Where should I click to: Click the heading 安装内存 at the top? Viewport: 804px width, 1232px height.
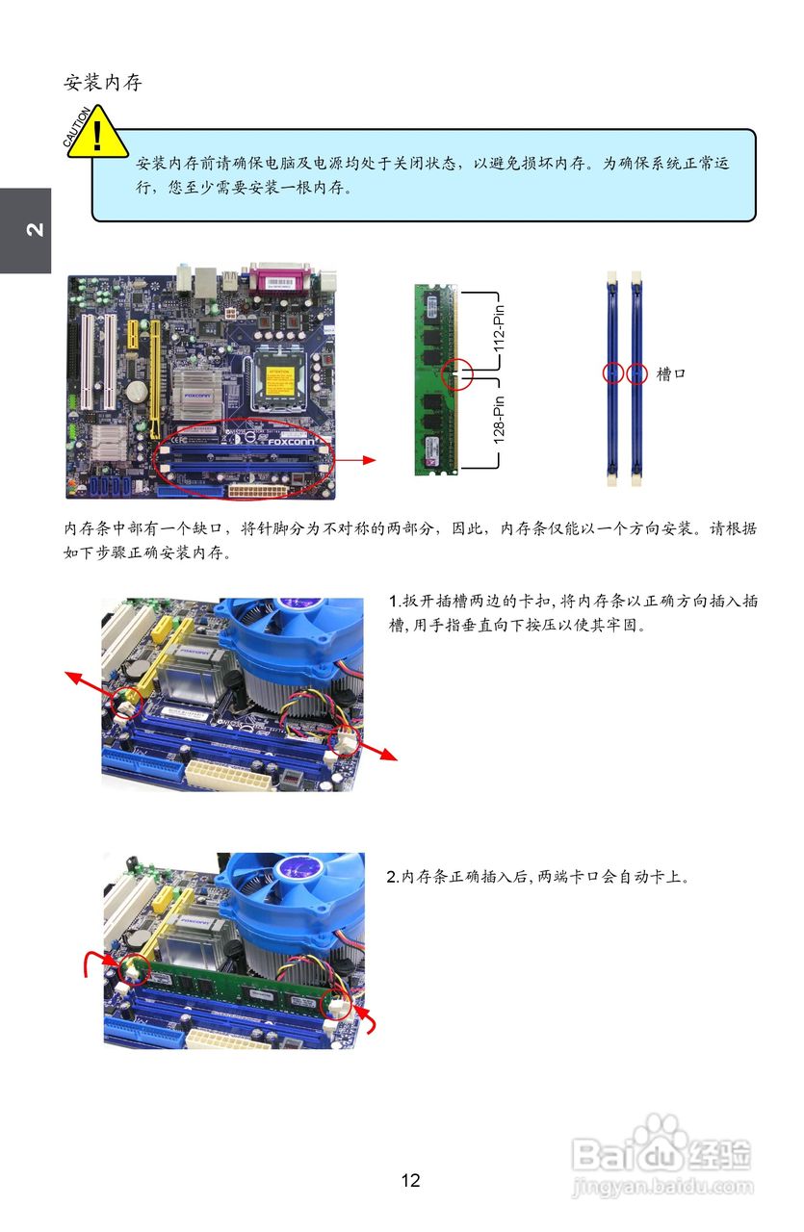[x=103, y=83]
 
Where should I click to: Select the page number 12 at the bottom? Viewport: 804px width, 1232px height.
[x=410, y=1180]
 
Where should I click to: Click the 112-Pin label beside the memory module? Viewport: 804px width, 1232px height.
[x=499, y=333]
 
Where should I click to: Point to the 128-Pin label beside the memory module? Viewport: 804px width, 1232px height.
[x=499, y=420]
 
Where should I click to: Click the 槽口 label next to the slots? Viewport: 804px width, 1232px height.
[x=671, y=373]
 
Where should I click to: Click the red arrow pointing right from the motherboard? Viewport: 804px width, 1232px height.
[x=356, y=460]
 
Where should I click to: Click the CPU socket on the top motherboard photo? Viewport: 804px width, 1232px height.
[x=278, y=379]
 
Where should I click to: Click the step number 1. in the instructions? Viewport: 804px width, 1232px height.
[x=394, y=602]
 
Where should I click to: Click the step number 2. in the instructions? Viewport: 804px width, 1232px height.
[x=393, y=877]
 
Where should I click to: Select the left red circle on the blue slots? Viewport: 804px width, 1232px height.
[x=612, y=372]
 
